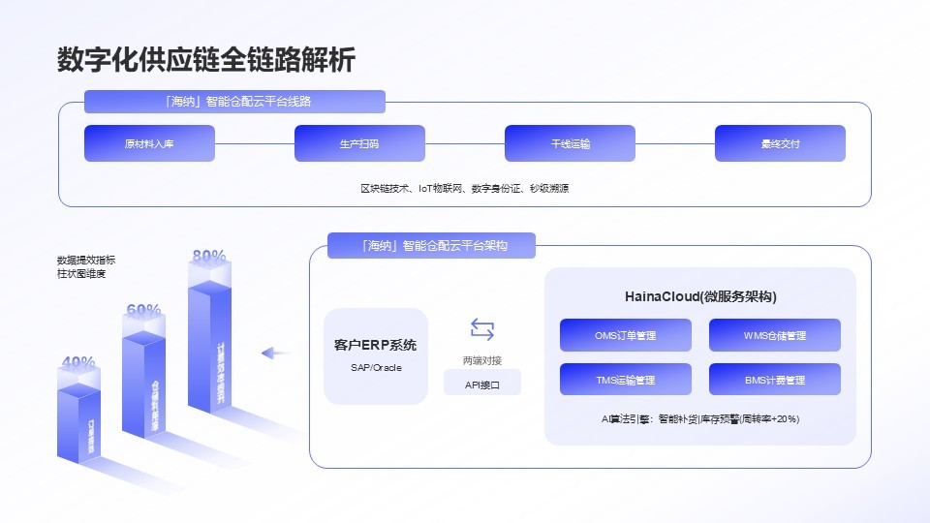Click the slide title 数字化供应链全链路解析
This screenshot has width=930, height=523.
point(206,59)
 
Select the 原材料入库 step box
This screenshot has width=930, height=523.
point(149,143)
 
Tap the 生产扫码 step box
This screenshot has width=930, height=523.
point(359,143)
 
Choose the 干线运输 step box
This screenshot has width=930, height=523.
point(570,143)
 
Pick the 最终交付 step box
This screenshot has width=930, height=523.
point(780,143)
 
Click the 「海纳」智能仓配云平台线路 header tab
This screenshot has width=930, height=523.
point(234,102)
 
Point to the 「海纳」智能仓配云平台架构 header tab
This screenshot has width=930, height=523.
point(431,246)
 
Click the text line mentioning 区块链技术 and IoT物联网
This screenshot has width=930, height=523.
point(464,188)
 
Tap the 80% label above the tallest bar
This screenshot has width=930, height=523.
point(209,256)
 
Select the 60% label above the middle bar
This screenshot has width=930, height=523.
point(143,310)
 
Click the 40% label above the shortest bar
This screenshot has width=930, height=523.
point(78,362)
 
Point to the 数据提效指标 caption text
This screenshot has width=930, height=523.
point(86,260)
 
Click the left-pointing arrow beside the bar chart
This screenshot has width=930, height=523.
point(276,354)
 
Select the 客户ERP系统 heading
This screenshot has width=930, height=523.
point(375,345)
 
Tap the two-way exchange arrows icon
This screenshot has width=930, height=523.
point(481,329)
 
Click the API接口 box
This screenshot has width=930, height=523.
point(481,385)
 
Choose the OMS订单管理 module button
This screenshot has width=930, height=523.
point(626,335)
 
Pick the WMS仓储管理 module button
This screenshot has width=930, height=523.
point(774,335)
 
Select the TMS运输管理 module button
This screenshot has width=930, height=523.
point(626,380)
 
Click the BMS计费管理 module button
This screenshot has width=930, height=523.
point(774,380)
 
